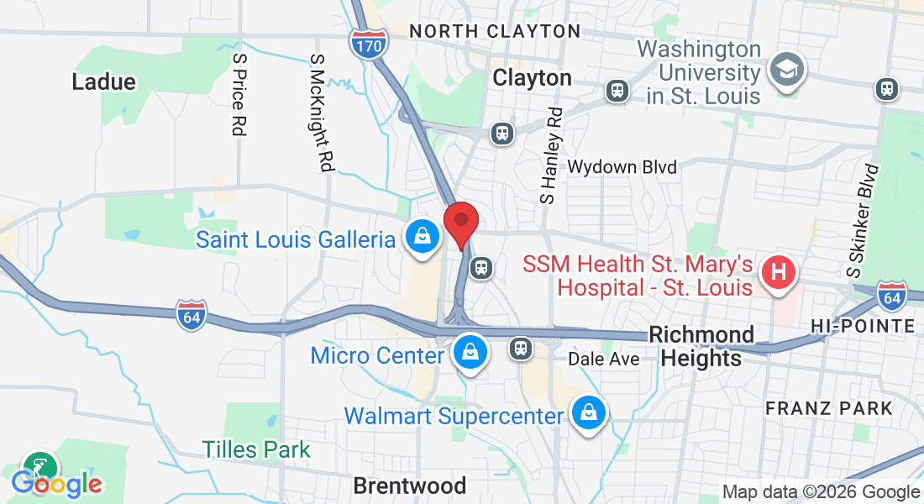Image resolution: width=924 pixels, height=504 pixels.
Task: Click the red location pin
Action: click(x=460, y=223)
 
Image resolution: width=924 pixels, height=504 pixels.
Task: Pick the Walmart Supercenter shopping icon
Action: click(x=588, y=414)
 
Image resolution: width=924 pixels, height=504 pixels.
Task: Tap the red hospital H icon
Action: click(x=778, y=273)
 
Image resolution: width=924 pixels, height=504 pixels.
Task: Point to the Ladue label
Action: click(x=103, y=81)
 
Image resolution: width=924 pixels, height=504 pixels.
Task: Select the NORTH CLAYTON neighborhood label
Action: click(x=495, y=32)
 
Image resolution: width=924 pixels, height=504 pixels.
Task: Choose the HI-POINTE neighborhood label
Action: click(x=863, y=326)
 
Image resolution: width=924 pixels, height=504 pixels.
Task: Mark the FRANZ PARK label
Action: click(x=829, y=408)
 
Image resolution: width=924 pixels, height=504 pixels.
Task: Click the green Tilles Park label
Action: click(x=256, y=449)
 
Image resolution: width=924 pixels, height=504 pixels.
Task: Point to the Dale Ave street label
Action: click(x=604, y=359)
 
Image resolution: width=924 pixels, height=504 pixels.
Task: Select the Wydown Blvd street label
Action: click(x=622, y=167)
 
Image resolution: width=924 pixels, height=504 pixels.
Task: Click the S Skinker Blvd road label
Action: click(x=864, y=220)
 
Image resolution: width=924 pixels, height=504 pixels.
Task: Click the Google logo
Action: click(x=56, y=484)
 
